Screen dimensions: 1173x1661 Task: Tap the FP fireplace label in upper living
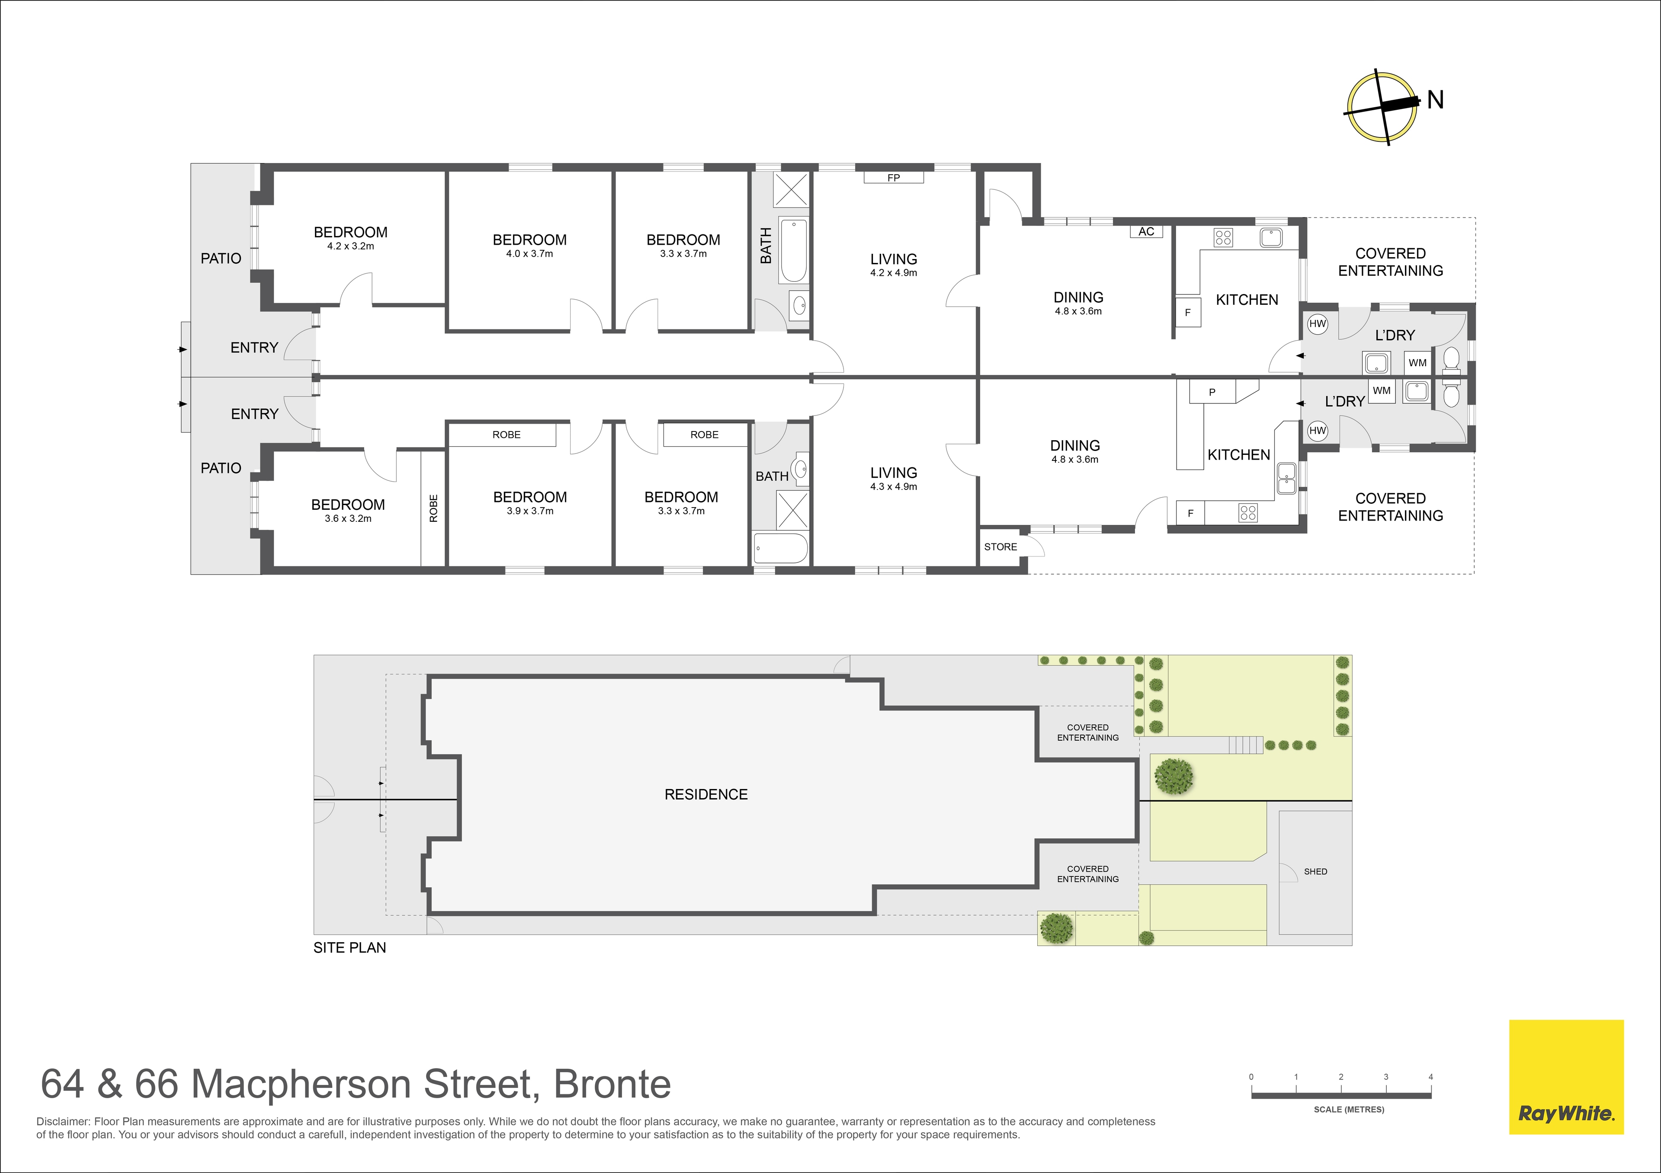[x=894, y=177]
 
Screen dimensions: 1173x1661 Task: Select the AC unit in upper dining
[x=1146, y=231]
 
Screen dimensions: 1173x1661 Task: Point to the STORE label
[x=1000, y=547]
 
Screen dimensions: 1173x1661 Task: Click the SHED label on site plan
[x=1315, y=872]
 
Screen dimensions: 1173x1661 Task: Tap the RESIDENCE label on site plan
[x=706, y=794]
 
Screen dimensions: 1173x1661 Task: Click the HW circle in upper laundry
[x=1318, y=324]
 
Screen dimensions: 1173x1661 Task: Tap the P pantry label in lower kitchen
[x=1212, y=393]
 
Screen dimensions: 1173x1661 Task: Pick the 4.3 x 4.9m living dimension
[x=894, y=487]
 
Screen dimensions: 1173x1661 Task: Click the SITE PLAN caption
[x=350, y=947]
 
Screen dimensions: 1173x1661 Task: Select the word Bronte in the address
[x=612, y=1084]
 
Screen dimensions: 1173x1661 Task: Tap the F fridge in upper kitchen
[x=1187, y=313]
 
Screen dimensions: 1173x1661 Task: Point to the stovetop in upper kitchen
[x=1223, y=237]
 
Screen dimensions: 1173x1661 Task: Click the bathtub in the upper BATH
[x=794, y=250]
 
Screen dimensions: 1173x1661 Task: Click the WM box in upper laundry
[x=1417, y=362]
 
